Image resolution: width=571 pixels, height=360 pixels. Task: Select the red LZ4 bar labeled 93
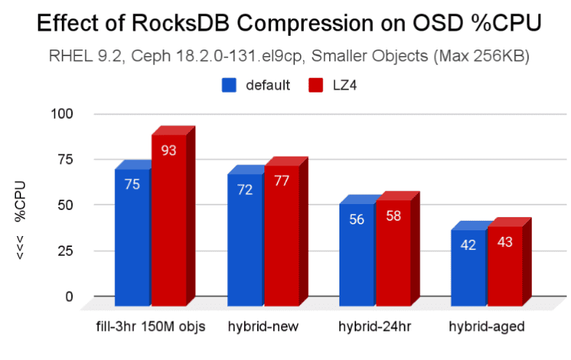[169, 219]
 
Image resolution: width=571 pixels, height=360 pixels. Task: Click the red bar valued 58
[393, 251]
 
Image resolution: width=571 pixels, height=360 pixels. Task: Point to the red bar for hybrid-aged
[505, 266]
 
